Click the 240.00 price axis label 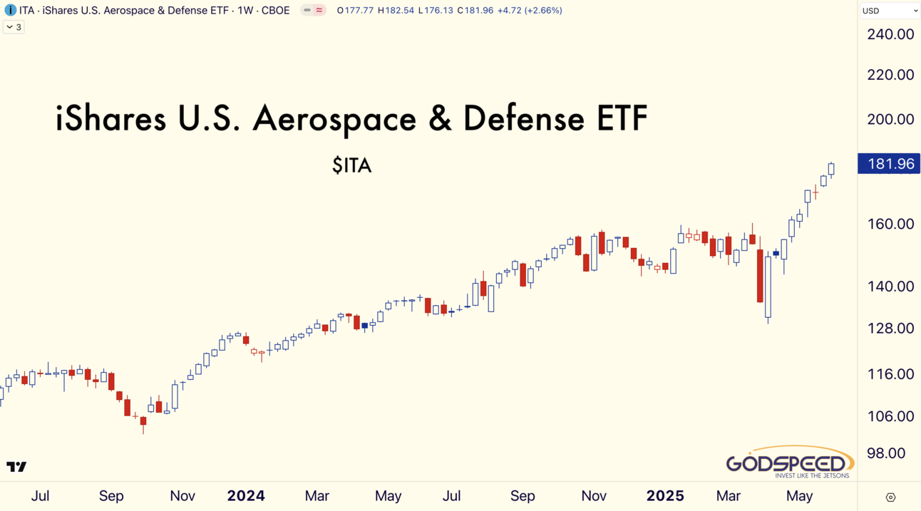[x=890, y=34]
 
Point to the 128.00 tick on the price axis [x=890, y=328]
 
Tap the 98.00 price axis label [x=886, y=453]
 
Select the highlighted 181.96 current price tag [x=888, y=164]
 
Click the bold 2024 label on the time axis [x=246, y=496]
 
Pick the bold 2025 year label [x=665, y=496]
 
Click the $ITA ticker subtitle [x=352, y=165]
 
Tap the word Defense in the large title [x=524, y=118]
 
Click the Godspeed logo [x=790, y=463]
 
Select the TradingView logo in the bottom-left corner [x=16, y=467]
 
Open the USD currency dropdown [x=890, y=11]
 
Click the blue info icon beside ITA [x=10, y=10]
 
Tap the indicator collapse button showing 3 [x=14, y=27]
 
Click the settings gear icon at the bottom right [x=890, y=497]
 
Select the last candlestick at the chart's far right [x=831, y=170]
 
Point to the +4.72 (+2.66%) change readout [x=530, y=10]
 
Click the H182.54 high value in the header [x=396, y=10]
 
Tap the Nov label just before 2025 [x=594, y=496]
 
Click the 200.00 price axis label [x=890, y=119]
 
